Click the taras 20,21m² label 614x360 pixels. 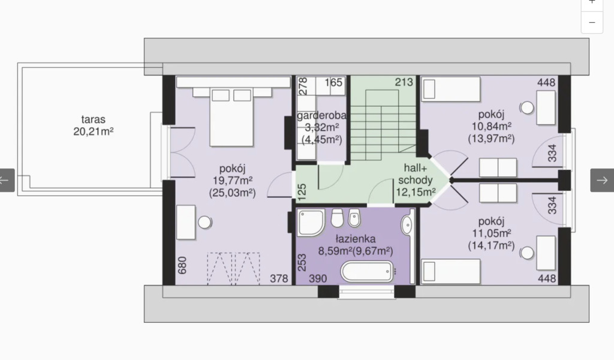pyautogui.click(x=93, y=125)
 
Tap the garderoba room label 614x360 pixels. pyautogui.click(x=321, y=116)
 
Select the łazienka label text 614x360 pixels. pyautogui.click(x=356, y=239)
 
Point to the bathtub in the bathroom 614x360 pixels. pyautogui.click(x=366, y=271)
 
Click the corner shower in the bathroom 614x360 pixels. pyautogui.click(x=311, y=223)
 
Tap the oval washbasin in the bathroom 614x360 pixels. pyautogui.click(x=407, y=224)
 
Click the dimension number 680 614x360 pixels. pyautogui.click(x=182, y=265)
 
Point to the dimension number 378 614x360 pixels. pyautogui.click(x=279, y=278)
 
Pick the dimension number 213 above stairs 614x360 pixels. pyautogui.click(x=404, y=82)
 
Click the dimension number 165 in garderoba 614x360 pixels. pyautogui.click(x=333, y=82)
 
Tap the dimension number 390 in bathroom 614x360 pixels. pyautogui.click(x=318, y=278)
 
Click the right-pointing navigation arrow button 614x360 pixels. pyautogui.click(x=602, y=180)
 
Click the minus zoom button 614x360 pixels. pyautogui.click(x=592, y=22)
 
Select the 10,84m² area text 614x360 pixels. pyautogui.click(x=491, y=126)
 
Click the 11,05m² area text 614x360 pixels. pyautogui.click(x=491, y=233)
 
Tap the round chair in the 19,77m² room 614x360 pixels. pyautogui.click(x=204, y=223)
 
